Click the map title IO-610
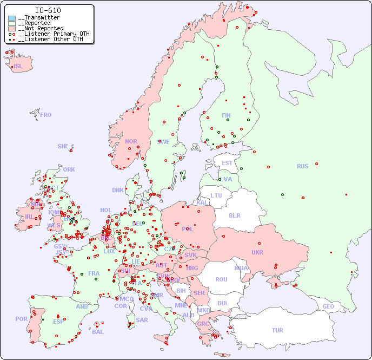(48, 10)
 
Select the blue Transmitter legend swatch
(12, 18)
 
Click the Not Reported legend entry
(41, 28)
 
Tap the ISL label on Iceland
(18, 67)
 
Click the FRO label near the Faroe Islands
(46, 115)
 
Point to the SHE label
(63, 146)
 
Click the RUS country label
(302, 166)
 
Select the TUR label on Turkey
(277, 330)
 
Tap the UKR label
(257, 252)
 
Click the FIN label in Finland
(226, 115)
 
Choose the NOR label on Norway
(131, 141)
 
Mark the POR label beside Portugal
(21, 319)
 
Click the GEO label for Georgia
(328, 306)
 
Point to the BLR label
(235, 215)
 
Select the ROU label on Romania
(221, 279)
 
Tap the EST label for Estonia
(227, 163)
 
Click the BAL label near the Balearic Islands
(98, 332)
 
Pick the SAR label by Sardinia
(142, 320)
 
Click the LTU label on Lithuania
(216, 195)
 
